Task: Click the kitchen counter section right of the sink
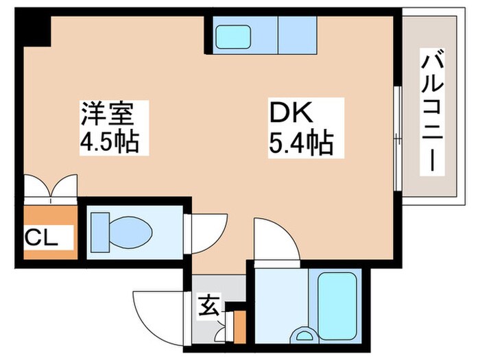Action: tap(296, 34)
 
